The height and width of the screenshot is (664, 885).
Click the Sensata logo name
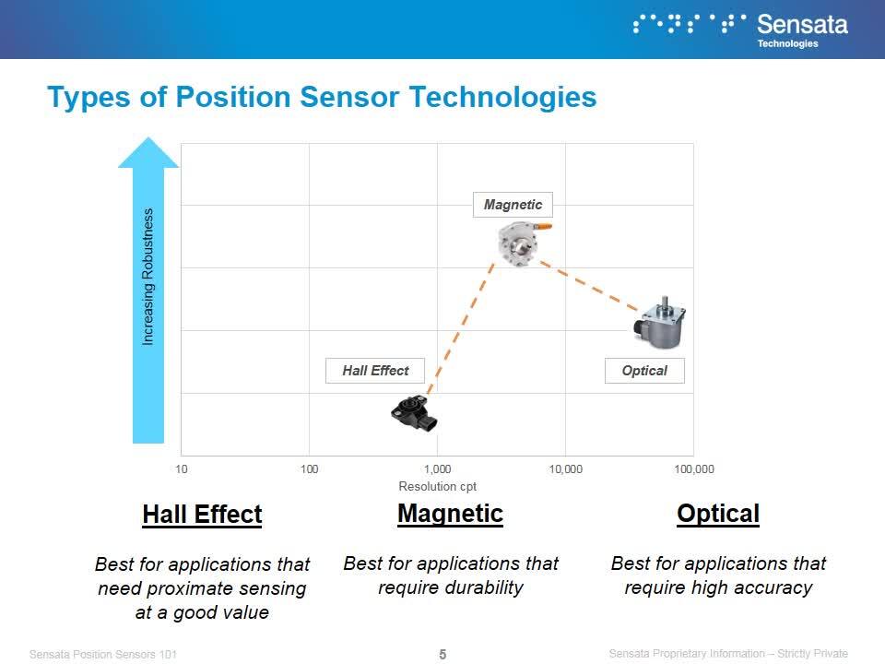pos(802,25)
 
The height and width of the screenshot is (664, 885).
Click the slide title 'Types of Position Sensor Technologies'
pos(322,97)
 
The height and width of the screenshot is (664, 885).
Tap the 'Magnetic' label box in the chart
pos(513,205)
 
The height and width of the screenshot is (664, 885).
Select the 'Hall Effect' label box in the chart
pos(375,371)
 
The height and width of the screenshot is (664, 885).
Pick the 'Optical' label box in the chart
pos(644,371)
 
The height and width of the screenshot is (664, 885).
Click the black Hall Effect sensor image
pos(414,413)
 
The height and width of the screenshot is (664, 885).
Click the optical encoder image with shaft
pos(660,323)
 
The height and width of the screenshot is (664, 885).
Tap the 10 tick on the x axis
pos(182,469)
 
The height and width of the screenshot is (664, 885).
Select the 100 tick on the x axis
pos(310,469)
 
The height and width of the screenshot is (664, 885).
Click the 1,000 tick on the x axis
pos(437,469)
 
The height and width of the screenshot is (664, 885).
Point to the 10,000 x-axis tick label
pos(565,469)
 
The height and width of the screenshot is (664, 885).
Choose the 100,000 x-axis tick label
pos(694,469)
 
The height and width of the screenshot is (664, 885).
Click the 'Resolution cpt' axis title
pos(437,486)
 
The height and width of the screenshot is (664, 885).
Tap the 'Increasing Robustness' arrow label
pos(147,277)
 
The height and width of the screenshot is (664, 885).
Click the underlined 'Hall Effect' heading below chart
pos(202,515)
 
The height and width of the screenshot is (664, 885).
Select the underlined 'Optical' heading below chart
pos(718,514)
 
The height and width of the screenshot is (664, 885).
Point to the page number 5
pos(442,654)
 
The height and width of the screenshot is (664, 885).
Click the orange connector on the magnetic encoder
pos(543,227)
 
